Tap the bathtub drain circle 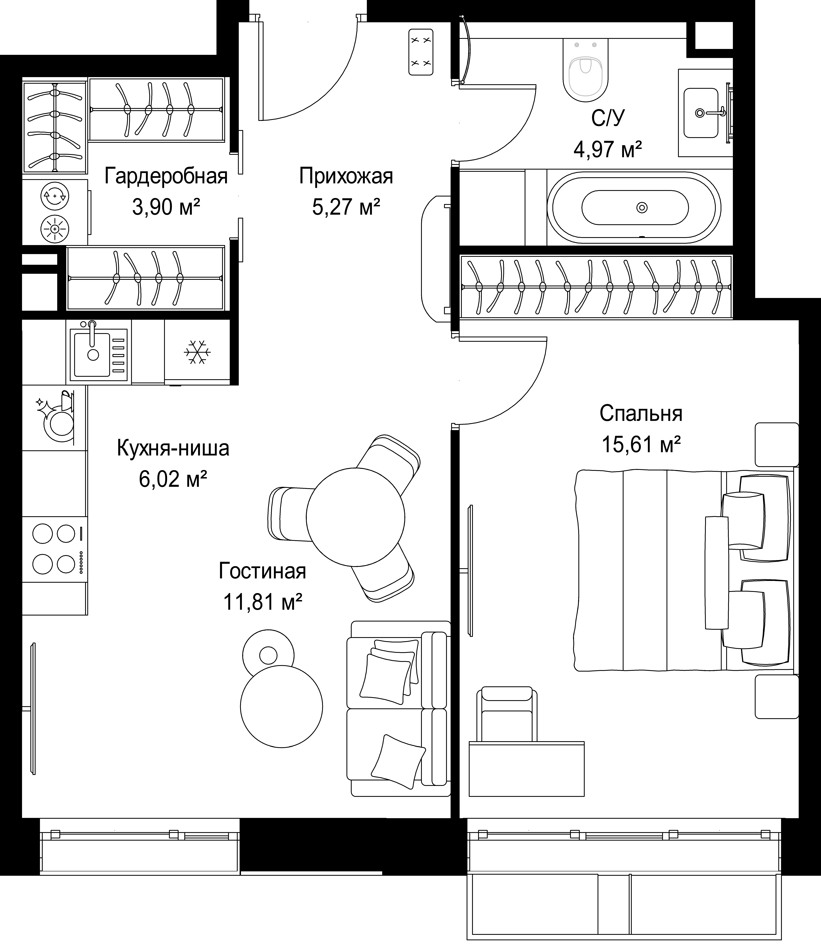pyautogui.click(x=642, y=208)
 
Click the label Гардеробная pyautogui.click(x=166, y=176)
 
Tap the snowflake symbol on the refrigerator pyautogui.click(x=197, y=352)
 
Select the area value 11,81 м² pyautogui.click(x=262, y=602)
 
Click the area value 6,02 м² pyautogui.click(x=173, y=479)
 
